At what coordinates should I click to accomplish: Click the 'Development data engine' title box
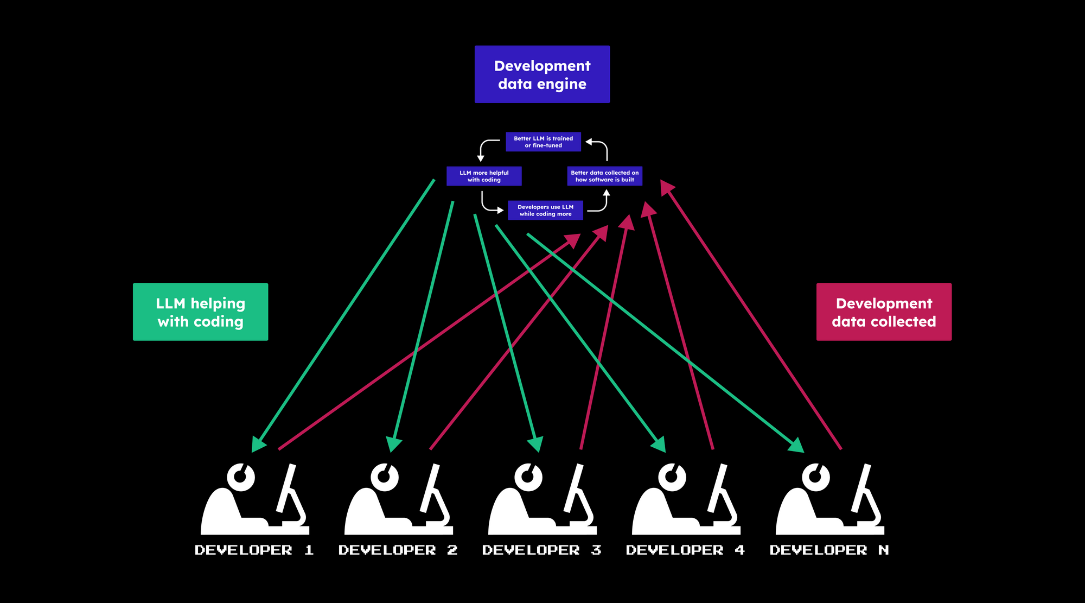(x=542, y=74)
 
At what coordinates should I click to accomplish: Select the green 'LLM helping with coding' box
(x=200, y=312)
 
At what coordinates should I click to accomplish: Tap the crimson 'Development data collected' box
(x=884, y=312)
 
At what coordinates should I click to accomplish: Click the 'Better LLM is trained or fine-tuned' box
(x=543, y=142)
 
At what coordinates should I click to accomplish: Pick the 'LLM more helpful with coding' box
(x=484, y=176)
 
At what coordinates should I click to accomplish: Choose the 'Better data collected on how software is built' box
(x=604, y=176)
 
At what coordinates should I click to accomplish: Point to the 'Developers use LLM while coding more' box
(x=545, y=210)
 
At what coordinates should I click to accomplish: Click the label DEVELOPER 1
(x=254, y=550)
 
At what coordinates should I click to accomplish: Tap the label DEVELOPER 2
(x=398, y=550)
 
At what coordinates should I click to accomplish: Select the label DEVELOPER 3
(x=541, y=550)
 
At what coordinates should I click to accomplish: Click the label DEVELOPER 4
(x=685, y=550)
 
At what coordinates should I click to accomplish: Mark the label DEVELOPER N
(x=829, y=550)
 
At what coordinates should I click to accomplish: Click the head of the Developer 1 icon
(x=241, y=477)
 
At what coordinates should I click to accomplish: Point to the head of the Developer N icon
(x=816, y=477)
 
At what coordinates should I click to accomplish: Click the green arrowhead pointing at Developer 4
(x=659, y=445)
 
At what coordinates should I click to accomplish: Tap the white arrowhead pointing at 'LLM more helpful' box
(x=481, y=158)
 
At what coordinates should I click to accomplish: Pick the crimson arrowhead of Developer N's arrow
(x=667, y=187)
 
